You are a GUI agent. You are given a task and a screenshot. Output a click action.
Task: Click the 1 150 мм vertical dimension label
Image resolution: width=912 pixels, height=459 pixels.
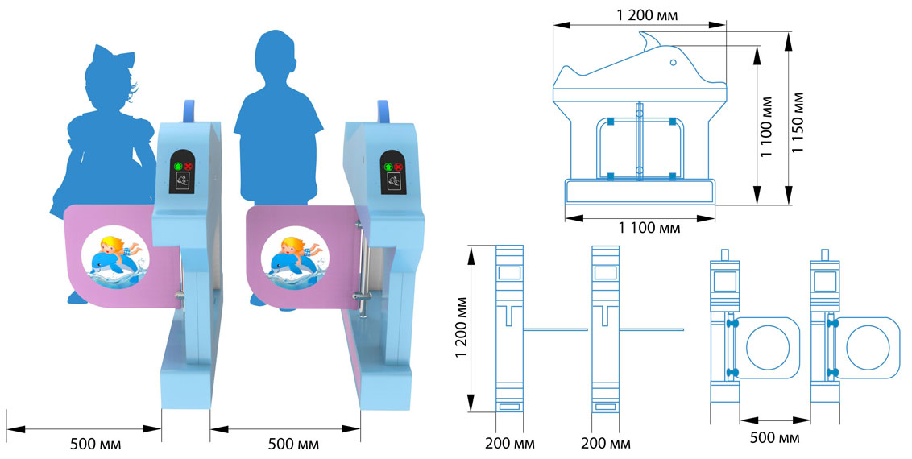(798, 112)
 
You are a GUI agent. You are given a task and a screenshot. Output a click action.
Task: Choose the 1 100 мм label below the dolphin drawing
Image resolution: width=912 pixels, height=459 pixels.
(649, 228)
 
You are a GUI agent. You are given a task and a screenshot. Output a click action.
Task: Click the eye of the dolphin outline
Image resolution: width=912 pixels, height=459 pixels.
(672, 61)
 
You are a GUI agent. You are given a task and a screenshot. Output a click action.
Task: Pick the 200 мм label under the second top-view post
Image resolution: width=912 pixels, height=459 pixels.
(605, 444)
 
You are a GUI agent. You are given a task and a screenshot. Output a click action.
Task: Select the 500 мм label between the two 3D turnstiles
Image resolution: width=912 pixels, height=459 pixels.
(293, 444)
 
